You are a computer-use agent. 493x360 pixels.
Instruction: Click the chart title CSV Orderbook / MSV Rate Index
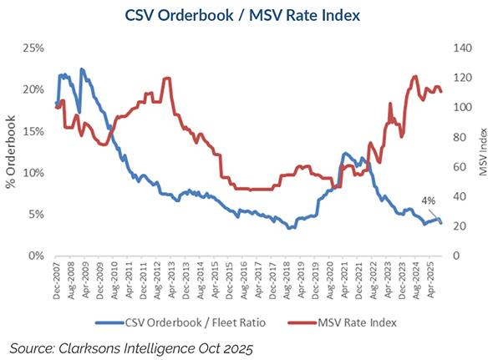coord(246,14)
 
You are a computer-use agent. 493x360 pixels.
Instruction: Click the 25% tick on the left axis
coord(33,48)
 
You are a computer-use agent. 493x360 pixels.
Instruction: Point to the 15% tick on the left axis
coord(33,131)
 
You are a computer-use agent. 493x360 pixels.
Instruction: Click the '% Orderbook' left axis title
coord(12,152)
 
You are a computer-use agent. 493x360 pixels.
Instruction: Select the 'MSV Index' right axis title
coord(482,152)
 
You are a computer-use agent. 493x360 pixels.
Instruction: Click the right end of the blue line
coord(441,223)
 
